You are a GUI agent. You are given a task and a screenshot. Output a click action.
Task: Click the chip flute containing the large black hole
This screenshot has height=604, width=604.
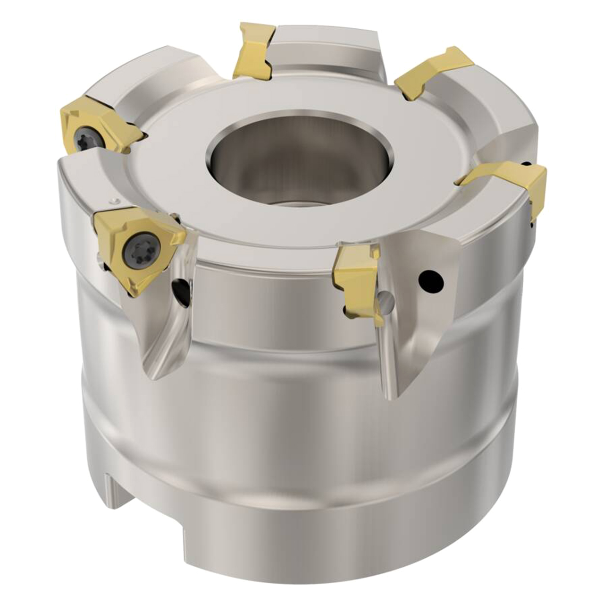pos(415,321)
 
